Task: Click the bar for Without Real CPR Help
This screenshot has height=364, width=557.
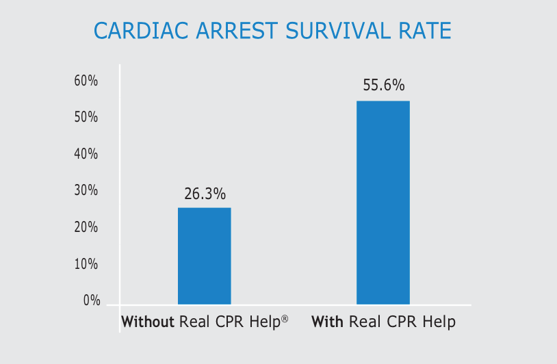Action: point(204,256)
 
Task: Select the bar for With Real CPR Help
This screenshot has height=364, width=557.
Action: point(383,203)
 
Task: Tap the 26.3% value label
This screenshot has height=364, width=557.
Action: point(205,194)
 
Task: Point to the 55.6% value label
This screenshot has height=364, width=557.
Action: point(384,86)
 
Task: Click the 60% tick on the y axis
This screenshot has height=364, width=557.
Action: point(86,81)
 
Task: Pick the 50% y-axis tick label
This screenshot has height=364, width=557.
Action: point(86,118)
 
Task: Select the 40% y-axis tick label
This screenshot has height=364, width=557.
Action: point(86,154)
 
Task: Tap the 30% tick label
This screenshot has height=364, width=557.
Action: point(86,191)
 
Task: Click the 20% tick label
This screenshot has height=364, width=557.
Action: point(86,227)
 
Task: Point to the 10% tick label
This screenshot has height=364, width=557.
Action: point(86,264)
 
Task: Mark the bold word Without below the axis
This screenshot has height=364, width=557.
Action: point(148,322)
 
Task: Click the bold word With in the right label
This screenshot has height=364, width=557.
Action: point(327,322)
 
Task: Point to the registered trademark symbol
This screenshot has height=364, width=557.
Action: point(285,318)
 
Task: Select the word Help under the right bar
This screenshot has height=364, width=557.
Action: point(439,322)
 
